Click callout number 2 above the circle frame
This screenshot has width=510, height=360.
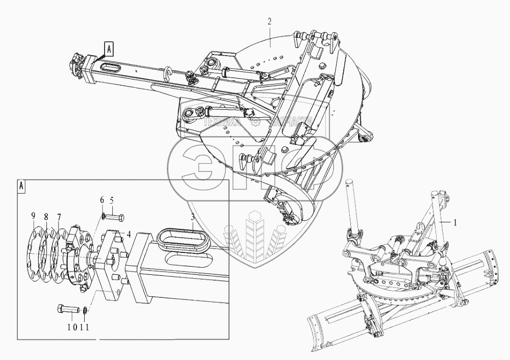(x=270, y=21)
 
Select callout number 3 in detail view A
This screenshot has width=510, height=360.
(x=192, y=217)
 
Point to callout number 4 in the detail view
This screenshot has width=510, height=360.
(x=130, y=235)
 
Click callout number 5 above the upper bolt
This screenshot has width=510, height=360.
(x=112, y=199)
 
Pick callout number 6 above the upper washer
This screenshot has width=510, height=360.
(x=101, y=199)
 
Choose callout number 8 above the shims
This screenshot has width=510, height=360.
(x=46, y=217)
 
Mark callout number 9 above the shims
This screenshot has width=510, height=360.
(x=34, y=217)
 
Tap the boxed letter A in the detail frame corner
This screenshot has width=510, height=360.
(x=22, y=185)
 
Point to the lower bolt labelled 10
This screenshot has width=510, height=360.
(x=69, y=310)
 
